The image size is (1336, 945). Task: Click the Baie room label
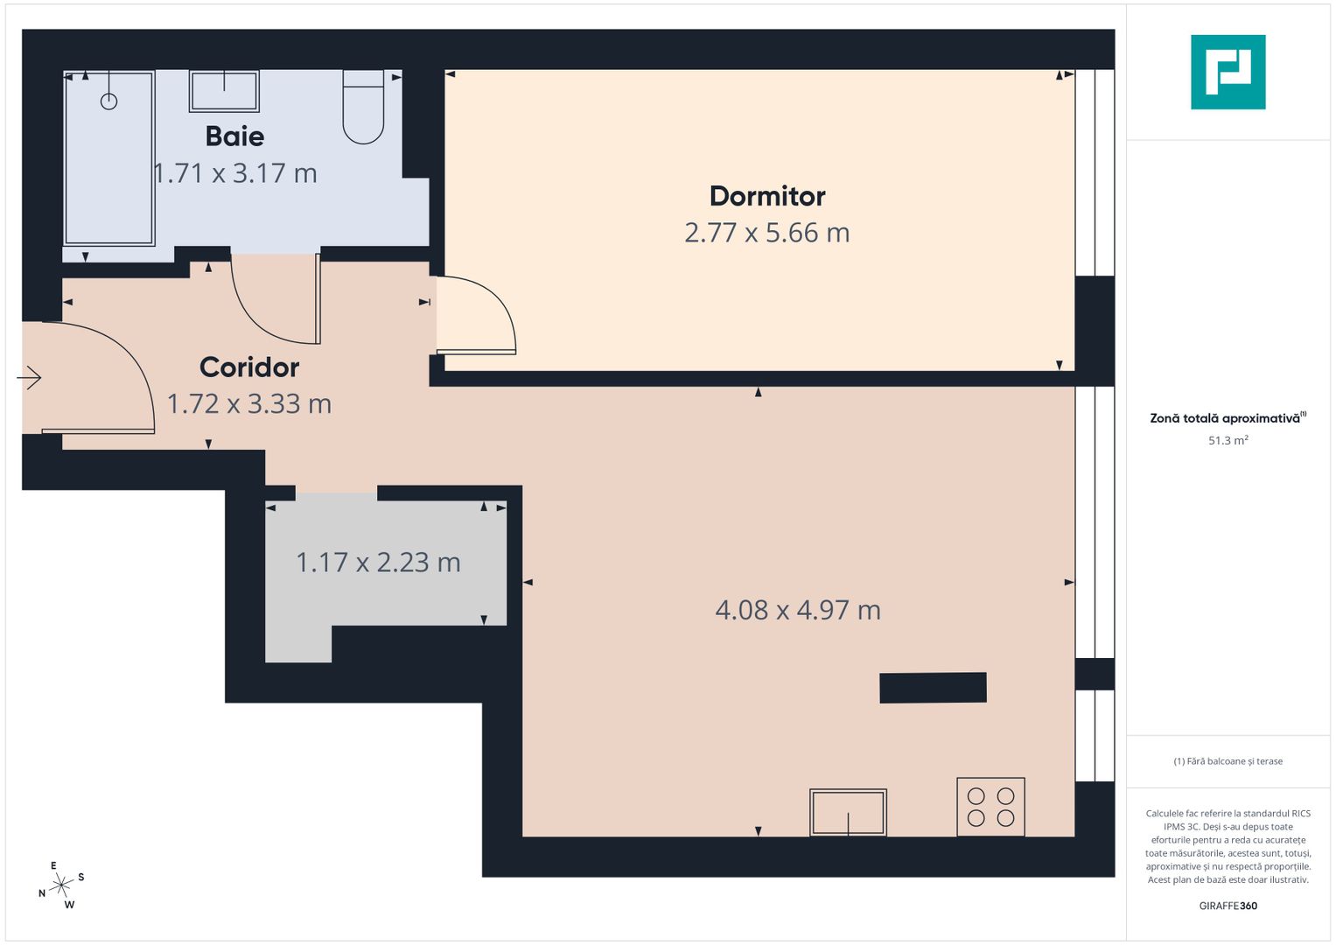coord(234,136)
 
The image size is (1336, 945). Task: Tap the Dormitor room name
coord(767,196)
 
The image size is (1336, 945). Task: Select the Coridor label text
coord(249,367)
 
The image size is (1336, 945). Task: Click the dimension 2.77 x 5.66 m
coord(767,233)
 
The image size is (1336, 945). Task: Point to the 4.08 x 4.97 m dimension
coord(798,610)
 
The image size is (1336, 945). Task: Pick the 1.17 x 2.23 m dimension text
coord(378,563)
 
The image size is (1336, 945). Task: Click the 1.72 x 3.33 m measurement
coord(249,404)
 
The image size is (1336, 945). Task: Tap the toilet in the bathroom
coord(363,108)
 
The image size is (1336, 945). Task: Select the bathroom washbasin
coord(224,91)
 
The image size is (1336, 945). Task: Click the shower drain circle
coord(108,101)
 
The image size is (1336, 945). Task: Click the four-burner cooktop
coord(990,807)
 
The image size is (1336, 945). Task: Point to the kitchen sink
coord(848,812)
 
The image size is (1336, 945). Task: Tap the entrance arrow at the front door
coord(29,378)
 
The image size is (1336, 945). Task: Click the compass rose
coord(61,885)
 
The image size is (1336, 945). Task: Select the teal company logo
coord(1228,72)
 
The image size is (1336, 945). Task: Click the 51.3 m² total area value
coord(1228,441)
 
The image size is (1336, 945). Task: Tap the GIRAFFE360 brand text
coord(1228,906)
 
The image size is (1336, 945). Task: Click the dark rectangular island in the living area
coord(933,688)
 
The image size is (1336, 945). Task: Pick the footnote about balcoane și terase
coord(1228,761)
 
